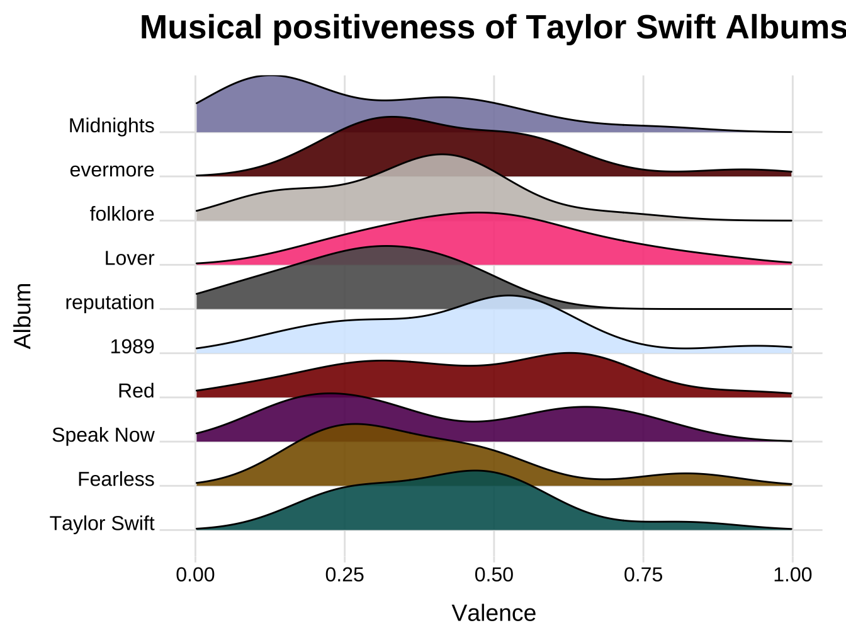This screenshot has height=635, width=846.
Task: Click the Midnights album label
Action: click(x=111, y=126)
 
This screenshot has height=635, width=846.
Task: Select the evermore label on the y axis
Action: click(x=112, y=170)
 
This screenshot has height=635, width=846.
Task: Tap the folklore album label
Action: click(x=122, y=214)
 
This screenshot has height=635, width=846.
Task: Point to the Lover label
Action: click(x=129, y=258)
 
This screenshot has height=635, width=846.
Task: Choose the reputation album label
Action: click(x=110, y=302)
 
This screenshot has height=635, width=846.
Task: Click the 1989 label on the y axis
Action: click(x=132, y=347)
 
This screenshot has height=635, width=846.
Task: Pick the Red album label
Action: click(x=136, y=391)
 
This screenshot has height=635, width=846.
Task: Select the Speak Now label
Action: click(x=103, y=435)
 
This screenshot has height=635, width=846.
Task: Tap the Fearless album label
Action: click(x=116, y=479)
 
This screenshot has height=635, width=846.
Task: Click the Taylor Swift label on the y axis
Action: click(x=102, y=523)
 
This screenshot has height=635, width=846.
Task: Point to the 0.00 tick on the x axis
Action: click(x=195, y=575)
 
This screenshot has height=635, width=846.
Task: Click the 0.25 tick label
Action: click(x=344, y=575)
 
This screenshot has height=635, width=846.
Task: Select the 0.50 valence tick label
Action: click(x=493, y=575)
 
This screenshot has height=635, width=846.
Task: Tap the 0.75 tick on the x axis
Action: click(x=643, y=575)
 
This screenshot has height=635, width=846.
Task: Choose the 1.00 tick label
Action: click(x=792, y=575)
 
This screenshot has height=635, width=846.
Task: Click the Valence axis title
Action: click(x=493, y=613)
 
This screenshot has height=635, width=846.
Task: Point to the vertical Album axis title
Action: click(x=23, y=316)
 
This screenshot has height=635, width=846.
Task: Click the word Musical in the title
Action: click(x=201, y=28)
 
